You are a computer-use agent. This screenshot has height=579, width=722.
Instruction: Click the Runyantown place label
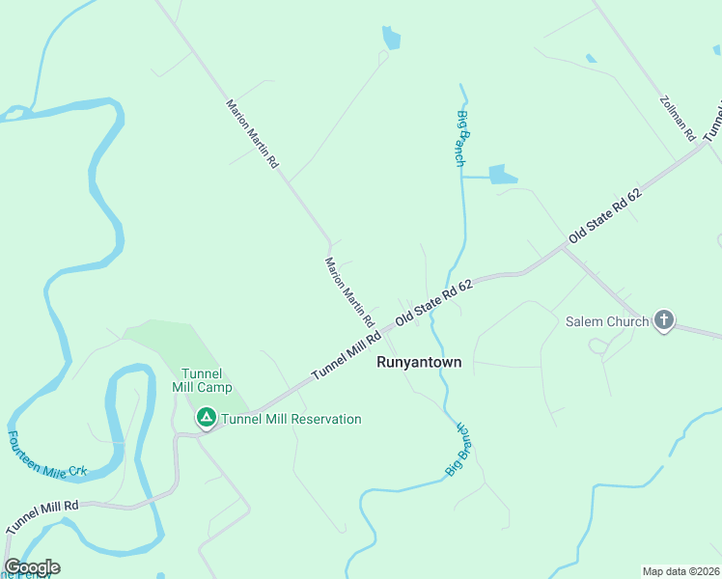click(x=418, y=363)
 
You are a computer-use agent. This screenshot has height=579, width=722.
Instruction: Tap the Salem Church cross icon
click(x=663, y=320)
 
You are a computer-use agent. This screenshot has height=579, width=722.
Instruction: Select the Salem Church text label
click(x=608, y=321)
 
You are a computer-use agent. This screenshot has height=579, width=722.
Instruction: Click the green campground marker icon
click(x=206, y=418)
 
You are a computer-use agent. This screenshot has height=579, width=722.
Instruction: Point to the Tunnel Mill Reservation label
click(x=292, y=419)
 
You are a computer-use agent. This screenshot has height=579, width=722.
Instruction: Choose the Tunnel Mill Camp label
click(x=203, y=380)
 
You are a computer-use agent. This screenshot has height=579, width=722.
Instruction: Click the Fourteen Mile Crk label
click(x=47, y=455)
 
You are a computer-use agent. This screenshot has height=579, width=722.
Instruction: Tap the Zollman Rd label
click(x=678, y=119)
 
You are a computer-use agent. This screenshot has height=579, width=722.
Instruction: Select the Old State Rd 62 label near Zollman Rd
click(x=605, y=215)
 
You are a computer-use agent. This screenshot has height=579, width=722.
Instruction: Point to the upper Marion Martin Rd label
click(x=252, y=134)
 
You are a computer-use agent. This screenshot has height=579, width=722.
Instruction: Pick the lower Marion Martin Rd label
click(x=349, y=291)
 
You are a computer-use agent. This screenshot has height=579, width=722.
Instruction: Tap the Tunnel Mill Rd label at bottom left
click(x=42, y=518)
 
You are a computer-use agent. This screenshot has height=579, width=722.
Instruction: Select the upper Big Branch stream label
click(x=459, y=138)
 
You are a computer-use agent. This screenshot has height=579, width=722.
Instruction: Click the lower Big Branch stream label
click(x=458, y=449)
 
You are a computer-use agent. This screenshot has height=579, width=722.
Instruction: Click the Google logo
click(x=32, y=567)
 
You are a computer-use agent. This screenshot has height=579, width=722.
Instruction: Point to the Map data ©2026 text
click(x=680, y=570)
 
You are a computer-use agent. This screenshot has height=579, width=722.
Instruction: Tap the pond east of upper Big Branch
click(x=503, y=174)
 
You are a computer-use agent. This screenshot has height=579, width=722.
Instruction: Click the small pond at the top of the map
click(x=391, y=39)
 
